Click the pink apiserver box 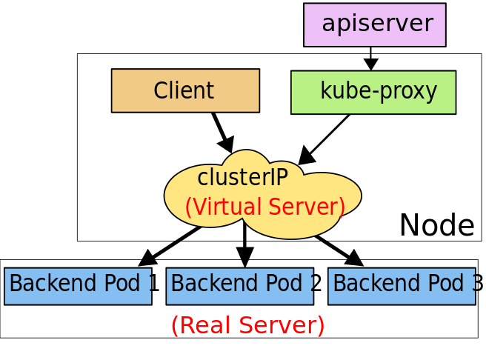[374, 24]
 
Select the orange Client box [185, 90]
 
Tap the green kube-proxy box [373, 92]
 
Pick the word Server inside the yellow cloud [307, 207]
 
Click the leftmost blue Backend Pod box [78, 286]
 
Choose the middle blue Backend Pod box [239, 286]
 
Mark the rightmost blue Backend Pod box [401, 286]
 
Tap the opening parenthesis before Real [175, 325]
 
